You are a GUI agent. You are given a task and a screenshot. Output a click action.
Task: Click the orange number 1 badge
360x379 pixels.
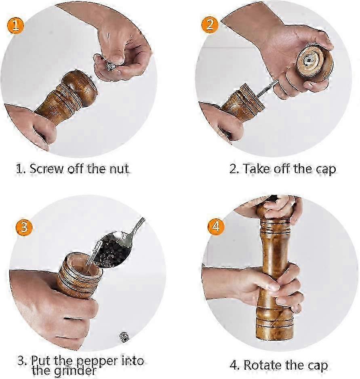pos(15,25)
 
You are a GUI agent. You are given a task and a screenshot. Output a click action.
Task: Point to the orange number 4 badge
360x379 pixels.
pos(217,227)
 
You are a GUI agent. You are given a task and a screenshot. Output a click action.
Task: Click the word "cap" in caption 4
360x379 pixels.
pos(318,366)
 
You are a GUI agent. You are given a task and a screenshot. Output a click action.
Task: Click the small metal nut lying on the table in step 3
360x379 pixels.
pos(124,337)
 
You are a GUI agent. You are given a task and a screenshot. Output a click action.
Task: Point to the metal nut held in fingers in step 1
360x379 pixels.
pos(110,66)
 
